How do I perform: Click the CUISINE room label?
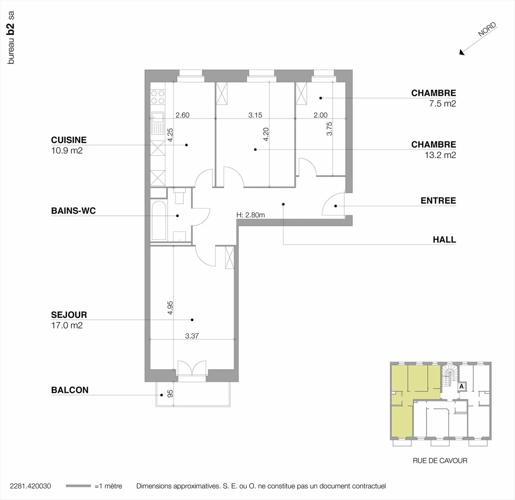tap(69, 140)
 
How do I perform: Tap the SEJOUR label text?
tap(69, 315)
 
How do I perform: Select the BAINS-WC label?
tap(73, 211)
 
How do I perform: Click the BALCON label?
tap(70, 390)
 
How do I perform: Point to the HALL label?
tap(444, 239)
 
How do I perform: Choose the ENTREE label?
tap(438, 201)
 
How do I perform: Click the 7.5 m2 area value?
tap(442, 103)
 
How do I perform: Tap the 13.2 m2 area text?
tap(440, 155)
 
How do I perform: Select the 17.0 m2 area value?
tap(67, 325)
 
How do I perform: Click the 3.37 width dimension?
tap(192, 336)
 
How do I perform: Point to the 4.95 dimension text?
tap(171, 308)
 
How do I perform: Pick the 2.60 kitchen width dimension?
tap(183, 115)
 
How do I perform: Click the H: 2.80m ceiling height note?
tap(251, 215)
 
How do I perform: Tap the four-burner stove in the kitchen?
tap(158, 97)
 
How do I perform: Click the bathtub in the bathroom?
tap(159, 221)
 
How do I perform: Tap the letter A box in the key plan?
tap(462, 386)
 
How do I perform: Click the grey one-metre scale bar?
tap(78, 486)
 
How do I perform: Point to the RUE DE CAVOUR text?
tap(440, 461)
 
